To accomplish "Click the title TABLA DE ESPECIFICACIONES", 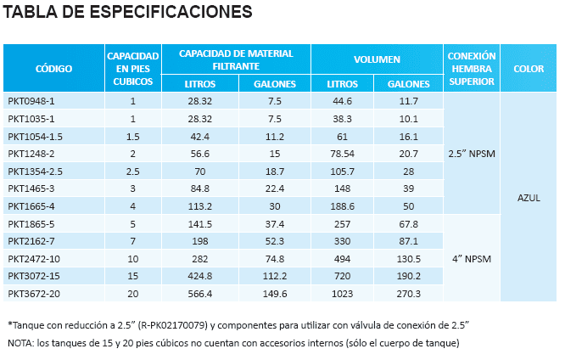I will point(128,13).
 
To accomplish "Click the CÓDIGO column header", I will point(53,68).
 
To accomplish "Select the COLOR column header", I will point(529,68).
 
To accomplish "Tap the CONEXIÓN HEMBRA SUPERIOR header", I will point(471,68).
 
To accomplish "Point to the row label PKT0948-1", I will point(31,101).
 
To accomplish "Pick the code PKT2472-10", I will point(34,258).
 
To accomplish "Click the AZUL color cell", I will point(529,197).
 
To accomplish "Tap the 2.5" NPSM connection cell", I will point(471,154).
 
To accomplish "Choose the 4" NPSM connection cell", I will point(471,258).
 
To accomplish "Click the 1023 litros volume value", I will point(342,293).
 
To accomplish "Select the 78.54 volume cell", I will point(342,154).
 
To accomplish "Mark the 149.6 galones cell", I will point(274,293).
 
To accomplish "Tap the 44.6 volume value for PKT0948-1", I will point(342,101).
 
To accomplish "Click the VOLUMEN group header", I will point(377,59).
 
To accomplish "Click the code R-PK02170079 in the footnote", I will point(176,325).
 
